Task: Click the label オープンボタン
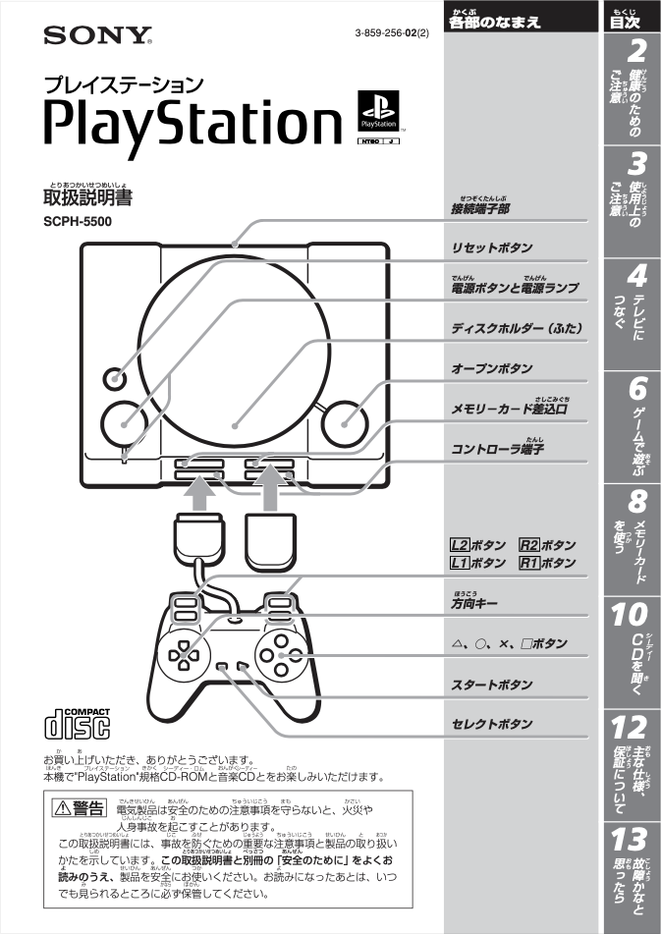coord(491,368)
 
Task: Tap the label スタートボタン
coord(492,684)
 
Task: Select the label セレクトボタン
coord(492,725)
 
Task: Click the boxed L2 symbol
coord(459,545)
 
